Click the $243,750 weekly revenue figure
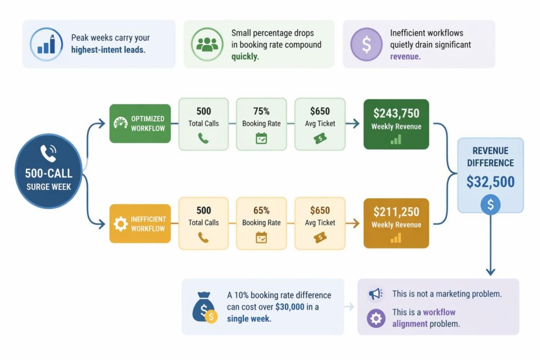pos(396,113)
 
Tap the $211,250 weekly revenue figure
pos(396,212)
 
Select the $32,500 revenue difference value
pos(490,182)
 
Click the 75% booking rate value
pos(261,111)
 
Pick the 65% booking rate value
pos(261,210)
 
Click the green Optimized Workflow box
pos(140,123)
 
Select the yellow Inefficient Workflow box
pos(140,223)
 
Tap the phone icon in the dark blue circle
pos(49,153)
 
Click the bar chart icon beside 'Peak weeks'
pos(46,44)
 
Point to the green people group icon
pos(207,44)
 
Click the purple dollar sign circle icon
pos(367,44)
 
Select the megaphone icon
pos(375,294)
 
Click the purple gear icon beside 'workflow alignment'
pos(375,318)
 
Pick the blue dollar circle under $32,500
pos(490,205)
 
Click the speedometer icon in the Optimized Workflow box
pos(121,123)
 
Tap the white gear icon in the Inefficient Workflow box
pos(121,224)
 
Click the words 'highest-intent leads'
pos(109,50)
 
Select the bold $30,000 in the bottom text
pos(290,307)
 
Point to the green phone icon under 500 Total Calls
pos(204,138)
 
